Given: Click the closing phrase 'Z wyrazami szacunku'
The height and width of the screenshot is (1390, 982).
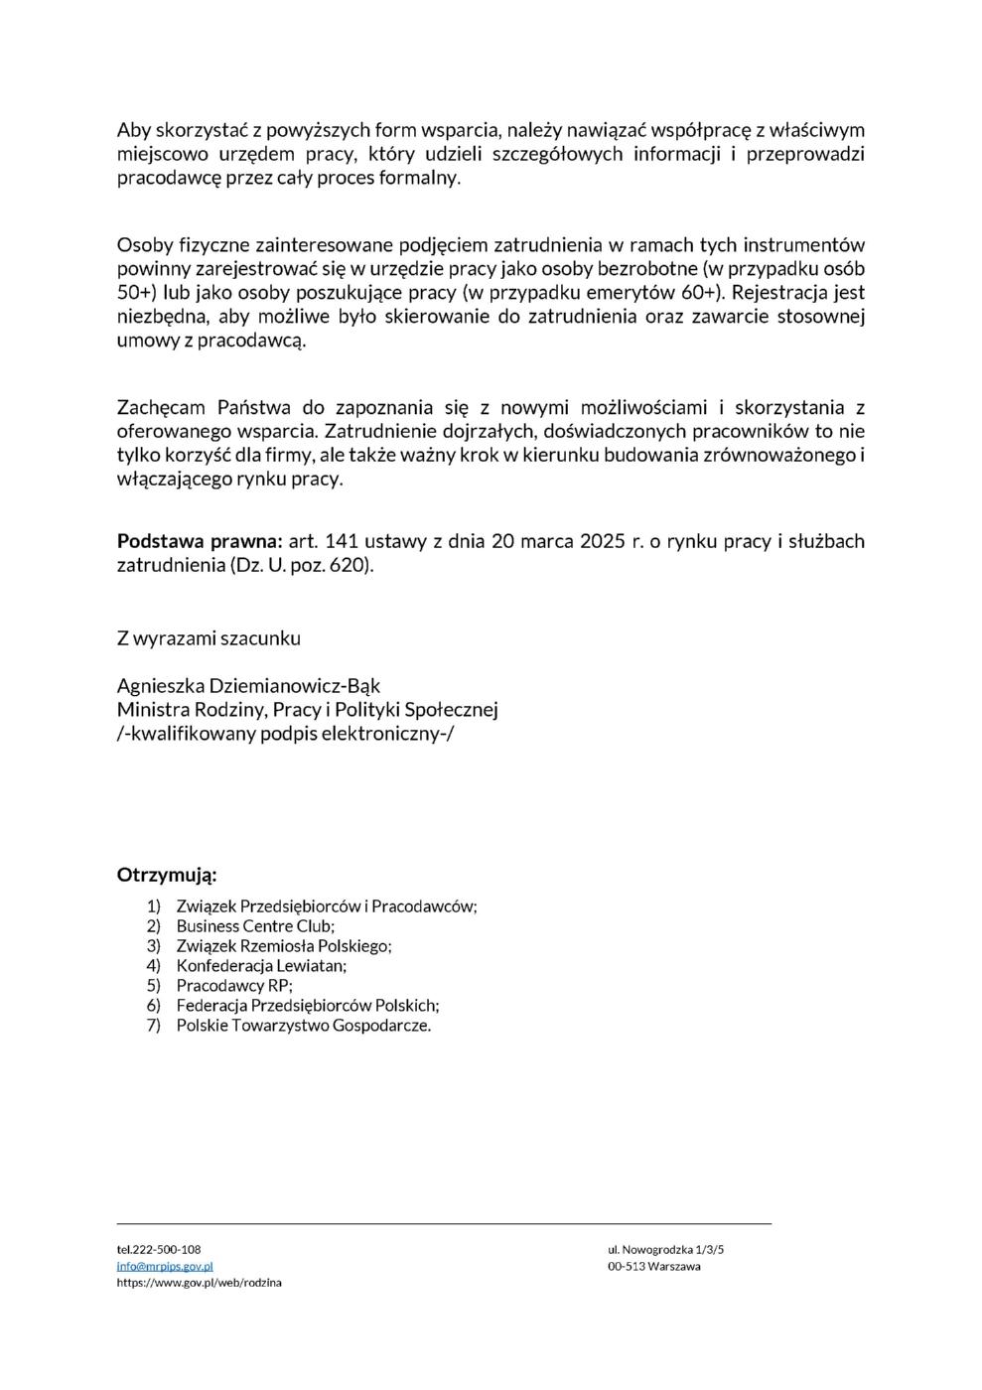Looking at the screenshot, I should (209, 638).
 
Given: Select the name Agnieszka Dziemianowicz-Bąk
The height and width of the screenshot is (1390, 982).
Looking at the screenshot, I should (248, 686).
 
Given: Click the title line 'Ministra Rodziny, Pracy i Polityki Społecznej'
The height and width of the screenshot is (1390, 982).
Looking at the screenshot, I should (307, 710).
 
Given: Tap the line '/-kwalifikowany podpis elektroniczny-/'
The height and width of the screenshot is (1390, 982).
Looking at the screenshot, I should (285, 734).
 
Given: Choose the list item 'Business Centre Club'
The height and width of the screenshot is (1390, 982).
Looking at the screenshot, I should (255, 926).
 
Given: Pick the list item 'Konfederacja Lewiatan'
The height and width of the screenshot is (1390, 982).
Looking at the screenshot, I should (261, 965).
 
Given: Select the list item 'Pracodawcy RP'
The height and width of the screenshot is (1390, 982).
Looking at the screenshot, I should (234, 986).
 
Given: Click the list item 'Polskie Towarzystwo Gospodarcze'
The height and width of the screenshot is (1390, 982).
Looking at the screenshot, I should (304, 1026).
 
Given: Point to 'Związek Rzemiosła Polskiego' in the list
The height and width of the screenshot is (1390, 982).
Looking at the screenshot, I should (284, 946).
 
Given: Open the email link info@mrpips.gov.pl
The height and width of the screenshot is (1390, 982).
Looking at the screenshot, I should (165, 1266).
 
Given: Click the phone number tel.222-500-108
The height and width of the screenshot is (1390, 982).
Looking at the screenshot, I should (159, 1249).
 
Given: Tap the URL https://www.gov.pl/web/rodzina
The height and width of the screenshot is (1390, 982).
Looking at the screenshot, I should (199, 1283).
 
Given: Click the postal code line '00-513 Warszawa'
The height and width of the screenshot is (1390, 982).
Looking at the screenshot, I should (653, 1266).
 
